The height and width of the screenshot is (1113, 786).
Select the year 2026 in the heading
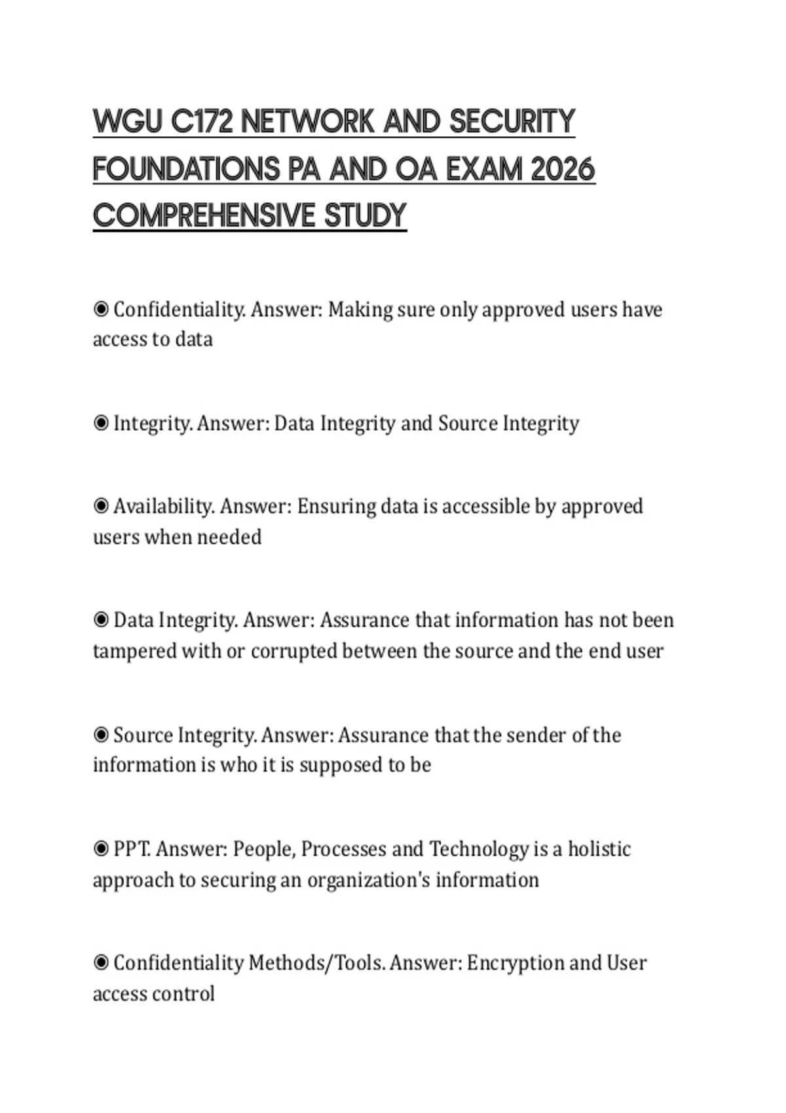tap(563, 170)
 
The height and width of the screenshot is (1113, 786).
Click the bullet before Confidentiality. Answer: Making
tap(101, 308)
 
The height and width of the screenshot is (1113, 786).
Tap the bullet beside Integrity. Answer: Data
tap(101, 423)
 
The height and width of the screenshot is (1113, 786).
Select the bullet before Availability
tap(101, 505)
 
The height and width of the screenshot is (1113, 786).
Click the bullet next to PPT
tap(101, 848)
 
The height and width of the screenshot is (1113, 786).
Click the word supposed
tap(341, 765)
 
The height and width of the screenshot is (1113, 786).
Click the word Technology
tap(478, 848)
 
